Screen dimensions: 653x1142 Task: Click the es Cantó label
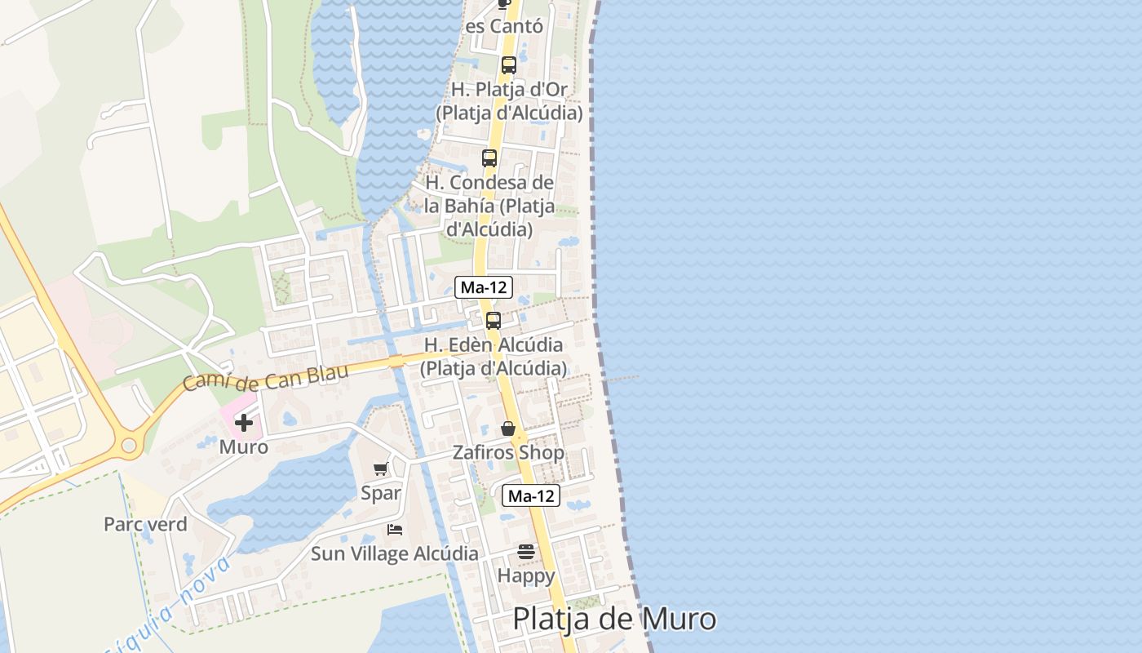504,26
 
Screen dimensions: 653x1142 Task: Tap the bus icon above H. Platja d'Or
509,65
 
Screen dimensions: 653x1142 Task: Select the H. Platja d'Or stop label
509,100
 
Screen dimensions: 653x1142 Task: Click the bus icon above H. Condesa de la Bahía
489,158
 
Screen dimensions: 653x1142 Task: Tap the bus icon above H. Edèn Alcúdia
494,321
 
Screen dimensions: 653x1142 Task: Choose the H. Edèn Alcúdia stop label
493,357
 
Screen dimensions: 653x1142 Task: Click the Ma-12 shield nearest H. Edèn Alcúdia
484,287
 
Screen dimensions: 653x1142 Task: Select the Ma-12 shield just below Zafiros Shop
530,495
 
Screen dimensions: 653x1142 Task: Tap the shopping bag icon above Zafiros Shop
508,429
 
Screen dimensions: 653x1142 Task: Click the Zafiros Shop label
508,452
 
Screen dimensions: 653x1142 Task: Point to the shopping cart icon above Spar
380,469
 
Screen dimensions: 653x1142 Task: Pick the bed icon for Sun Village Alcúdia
395,530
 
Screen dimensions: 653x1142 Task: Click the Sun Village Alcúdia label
395,553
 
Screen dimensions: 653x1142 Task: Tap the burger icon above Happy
526,552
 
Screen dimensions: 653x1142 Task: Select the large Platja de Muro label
614,619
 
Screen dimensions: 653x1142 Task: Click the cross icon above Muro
243,423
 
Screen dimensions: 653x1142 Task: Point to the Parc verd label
145,524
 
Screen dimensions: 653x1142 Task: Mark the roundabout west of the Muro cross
128,446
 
